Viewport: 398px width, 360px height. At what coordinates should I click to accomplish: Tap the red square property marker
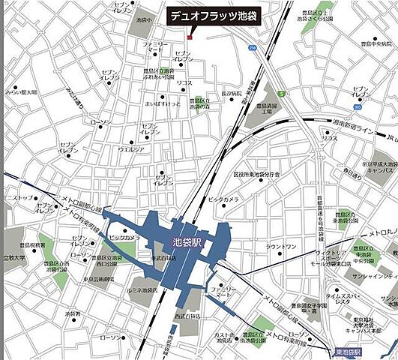click(x=190, y=36)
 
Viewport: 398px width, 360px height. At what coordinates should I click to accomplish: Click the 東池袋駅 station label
click(x=347, y=352)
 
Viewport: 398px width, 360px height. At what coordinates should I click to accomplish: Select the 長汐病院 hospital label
click(x=231, y=94)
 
